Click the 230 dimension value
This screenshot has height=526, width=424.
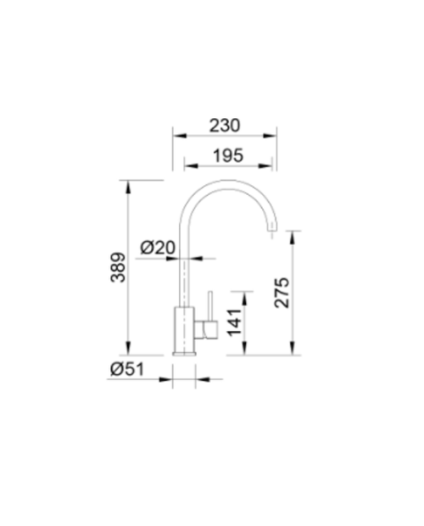[x=225, y=126]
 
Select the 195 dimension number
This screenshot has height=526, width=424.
[x=228, y=155]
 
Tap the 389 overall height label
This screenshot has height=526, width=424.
[x=118, y=267]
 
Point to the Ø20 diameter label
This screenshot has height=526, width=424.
[x=158, y=248]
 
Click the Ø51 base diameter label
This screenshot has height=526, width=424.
[x=127, y=369]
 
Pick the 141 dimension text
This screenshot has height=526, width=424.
[x=234, y=322]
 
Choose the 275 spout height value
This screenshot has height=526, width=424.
[x=282, y=293]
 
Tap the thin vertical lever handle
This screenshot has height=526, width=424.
[x=210, y=305]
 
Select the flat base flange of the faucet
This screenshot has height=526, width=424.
[x=184, y=353]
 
